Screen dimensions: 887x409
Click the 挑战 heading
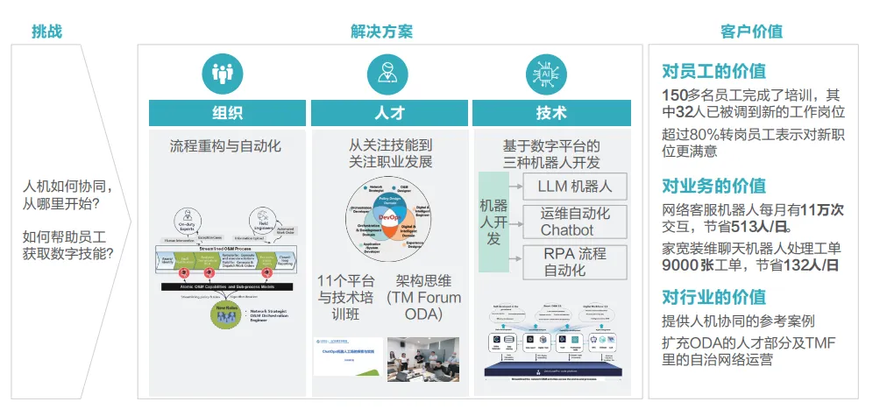[46, 32]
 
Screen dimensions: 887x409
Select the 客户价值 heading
[751, 32]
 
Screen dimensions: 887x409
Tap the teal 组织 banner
[227, 113]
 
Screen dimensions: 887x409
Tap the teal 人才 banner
[389, 113]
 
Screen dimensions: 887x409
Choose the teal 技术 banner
[550, 113]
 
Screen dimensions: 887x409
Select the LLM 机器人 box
[574, 186]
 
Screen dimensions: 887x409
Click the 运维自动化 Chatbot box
[574, 222]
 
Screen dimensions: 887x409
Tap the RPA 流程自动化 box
[574, 261]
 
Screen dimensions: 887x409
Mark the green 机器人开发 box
[493, 222]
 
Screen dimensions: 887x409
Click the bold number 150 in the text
[676, 95]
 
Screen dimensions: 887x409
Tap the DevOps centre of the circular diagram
[388, 215]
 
